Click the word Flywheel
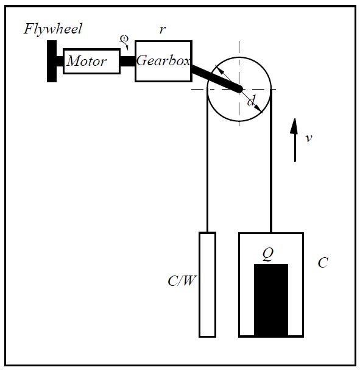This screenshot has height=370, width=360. pos(53,29)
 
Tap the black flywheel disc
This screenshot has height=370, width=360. pos(52,62)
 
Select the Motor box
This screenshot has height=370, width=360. pos(92,62)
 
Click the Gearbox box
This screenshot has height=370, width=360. pos(163,62)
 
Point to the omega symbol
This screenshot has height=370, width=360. pos(124,38)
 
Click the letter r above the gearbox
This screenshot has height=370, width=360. pos(163,30)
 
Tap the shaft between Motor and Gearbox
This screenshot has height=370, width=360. pos(127,61)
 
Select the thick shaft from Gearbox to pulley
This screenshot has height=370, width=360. pos(216,79)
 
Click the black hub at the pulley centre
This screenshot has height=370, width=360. pos(239,89)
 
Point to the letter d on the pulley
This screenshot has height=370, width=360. pos(251,101)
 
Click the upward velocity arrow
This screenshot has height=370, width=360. pos(295,140)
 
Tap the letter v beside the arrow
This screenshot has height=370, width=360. pos(309,138)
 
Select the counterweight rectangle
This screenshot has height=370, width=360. pos(208,285)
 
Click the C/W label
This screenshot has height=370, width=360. pos(182,281)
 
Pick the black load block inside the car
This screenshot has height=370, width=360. pos(271,300)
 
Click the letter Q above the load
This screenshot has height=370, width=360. pos(268,254)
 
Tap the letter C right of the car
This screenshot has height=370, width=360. pos(323,262)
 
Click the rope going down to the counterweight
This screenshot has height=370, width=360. pos(207,160)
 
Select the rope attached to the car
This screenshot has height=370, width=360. pos(271,161)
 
